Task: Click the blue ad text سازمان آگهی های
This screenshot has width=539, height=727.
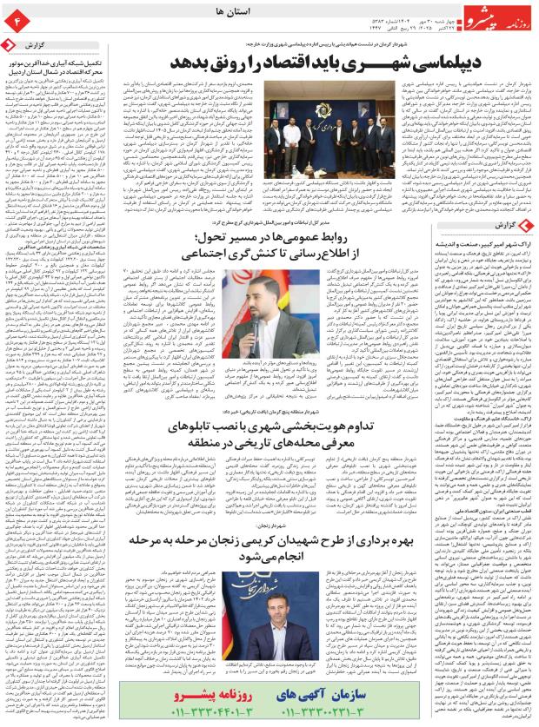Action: [321, 697]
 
